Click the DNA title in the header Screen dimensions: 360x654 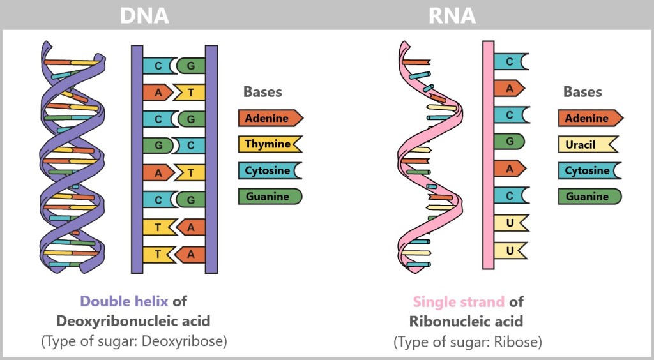coord(144,15)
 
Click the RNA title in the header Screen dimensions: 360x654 coord(453,15)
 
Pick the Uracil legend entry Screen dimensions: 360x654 coord(588,145)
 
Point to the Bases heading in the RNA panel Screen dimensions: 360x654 coord(582,92)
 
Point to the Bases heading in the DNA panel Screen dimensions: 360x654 coord(262,92)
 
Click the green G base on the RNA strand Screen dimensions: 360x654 coord(510,141)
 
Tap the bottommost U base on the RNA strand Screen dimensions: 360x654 coord(510,251)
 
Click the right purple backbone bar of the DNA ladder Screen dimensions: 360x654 coord(211,160)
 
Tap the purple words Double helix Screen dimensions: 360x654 coord(125,301)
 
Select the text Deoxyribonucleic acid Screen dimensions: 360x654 coord(133,321)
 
